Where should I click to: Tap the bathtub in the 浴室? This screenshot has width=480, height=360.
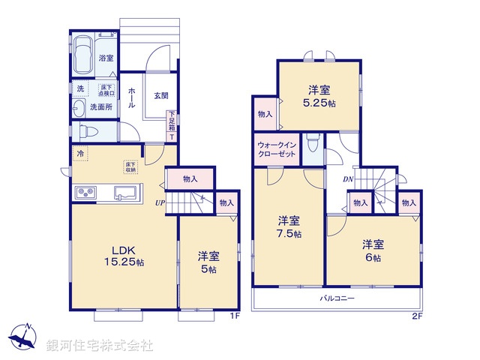84,53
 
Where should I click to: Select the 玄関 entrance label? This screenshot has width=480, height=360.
160,95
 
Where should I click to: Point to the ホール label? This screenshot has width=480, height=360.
132,98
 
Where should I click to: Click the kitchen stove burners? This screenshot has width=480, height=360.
84,193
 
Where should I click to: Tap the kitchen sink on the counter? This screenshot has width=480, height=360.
124,193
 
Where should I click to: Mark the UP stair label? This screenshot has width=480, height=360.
160,202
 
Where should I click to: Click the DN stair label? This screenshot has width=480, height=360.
347,179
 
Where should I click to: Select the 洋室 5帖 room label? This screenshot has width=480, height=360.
208,261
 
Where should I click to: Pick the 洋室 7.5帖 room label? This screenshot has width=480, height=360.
289,227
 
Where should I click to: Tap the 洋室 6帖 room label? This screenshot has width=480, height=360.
372,250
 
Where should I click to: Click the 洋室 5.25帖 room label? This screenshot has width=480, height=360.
319,93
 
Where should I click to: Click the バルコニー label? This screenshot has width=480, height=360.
337,298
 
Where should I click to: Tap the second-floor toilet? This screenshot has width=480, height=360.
314,142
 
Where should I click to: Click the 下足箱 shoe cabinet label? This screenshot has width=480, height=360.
172,120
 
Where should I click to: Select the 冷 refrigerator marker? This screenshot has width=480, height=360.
79,153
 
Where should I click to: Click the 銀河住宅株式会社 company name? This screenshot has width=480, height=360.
100,346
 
